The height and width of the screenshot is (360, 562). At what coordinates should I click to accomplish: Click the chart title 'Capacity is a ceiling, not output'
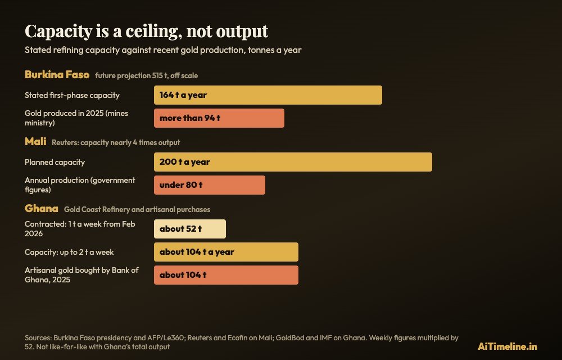point(146,31)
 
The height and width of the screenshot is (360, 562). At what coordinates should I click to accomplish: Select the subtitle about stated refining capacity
point(163,50)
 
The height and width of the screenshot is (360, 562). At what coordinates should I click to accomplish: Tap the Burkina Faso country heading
point(57,75)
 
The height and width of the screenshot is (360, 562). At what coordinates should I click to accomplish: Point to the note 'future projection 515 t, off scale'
point(146,76)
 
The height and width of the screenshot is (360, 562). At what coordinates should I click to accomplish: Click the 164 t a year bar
point(268,95)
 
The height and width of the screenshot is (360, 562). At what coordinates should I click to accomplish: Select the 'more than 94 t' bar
point(219,118)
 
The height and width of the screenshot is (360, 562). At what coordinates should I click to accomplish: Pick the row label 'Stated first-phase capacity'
point(72,96)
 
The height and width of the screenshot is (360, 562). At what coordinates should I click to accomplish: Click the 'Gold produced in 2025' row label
point(76,118)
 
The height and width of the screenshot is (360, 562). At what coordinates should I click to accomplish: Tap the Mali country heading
point(35,142)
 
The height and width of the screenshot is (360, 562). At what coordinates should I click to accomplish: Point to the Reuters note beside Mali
point(116,143)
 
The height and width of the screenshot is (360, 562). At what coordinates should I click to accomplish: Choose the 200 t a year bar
point(293,162)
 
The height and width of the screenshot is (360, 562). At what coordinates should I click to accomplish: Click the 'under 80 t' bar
point(210,185)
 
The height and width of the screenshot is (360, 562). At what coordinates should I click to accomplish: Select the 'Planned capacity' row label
point(55,163)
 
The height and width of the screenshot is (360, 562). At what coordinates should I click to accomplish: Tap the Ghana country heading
point(41,208)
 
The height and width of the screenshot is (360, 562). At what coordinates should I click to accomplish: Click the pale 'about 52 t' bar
point(190,229)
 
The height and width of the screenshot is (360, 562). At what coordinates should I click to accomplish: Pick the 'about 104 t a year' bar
point(226,252)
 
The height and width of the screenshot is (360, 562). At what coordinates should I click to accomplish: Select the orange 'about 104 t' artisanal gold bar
point(226,275)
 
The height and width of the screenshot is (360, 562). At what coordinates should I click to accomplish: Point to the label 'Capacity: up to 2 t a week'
point(69,253)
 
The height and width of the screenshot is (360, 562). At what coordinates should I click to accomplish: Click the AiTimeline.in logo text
point(507,346)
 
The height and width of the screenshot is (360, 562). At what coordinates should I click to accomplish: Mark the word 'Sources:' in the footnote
point(38,338)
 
